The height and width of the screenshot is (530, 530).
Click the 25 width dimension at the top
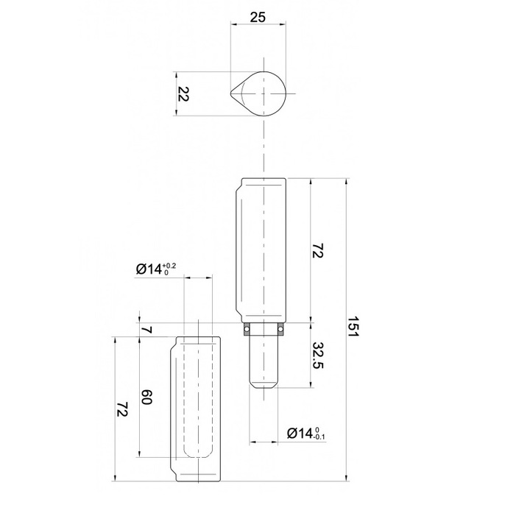[x=258, y=16]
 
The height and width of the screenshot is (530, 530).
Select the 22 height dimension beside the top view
[x=185, y=94]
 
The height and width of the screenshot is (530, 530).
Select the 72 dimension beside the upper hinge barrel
[x=319, y=252]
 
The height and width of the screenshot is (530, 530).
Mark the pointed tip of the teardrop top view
[x=230, y=93]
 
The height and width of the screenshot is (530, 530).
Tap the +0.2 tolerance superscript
[x=169, y=266]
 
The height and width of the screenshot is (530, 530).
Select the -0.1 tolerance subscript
[x=319, y=437]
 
